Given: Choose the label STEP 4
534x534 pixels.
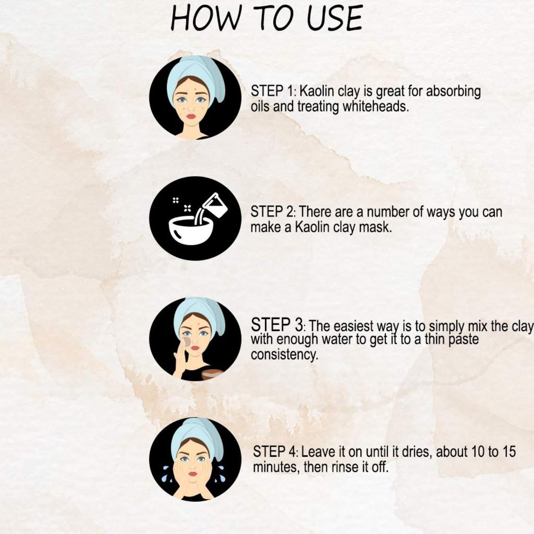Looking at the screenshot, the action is pyautogui.click(x=275, y=452).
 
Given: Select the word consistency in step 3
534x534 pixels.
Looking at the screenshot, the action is pyautogui.click(x=284, y=355).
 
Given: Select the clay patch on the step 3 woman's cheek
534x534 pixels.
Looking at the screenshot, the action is pyautogui.click(x=187, y=342).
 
